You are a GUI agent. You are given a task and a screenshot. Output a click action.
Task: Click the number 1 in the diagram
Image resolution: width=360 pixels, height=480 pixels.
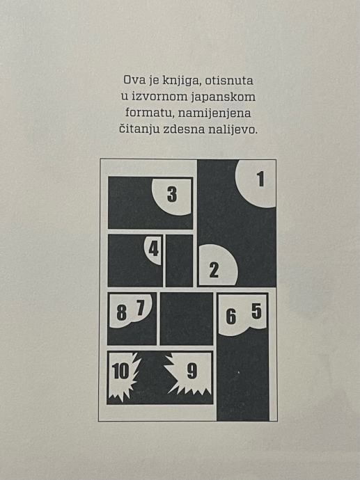coord(260,179)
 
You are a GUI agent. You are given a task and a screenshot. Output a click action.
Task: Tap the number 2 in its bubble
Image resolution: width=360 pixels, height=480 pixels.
coord(214,270)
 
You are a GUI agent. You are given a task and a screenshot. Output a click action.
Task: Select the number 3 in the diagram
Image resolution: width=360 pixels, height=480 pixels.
coord(172,194)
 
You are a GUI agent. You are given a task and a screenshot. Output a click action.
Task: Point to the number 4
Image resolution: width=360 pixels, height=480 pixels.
coord(153,248)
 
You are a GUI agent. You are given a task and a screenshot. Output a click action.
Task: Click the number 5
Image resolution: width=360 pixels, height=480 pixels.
coord(256,312)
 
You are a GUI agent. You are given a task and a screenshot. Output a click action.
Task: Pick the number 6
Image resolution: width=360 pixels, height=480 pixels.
coord(231,317)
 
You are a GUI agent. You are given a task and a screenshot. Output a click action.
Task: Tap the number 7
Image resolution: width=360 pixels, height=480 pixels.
coord(141,307)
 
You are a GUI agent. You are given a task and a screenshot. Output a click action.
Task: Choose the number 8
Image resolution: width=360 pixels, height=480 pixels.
coord(122,313)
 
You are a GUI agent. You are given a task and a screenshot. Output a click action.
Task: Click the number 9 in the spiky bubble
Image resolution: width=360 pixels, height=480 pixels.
coord(192,371)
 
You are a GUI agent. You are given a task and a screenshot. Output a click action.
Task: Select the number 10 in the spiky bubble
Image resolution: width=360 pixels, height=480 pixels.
coord(120,371)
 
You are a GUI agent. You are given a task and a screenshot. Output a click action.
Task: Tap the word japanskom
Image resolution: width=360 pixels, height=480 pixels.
coord(224,97)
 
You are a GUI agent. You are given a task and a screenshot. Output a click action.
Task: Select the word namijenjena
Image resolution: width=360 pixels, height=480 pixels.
coord(214,113)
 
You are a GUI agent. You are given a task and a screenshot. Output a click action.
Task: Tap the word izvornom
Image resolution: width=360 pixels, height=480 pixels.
coord(159,97)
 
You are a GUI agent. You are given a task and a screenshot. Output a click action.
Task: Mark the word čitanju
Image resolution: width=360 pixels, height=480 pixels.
coord(139,129)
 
